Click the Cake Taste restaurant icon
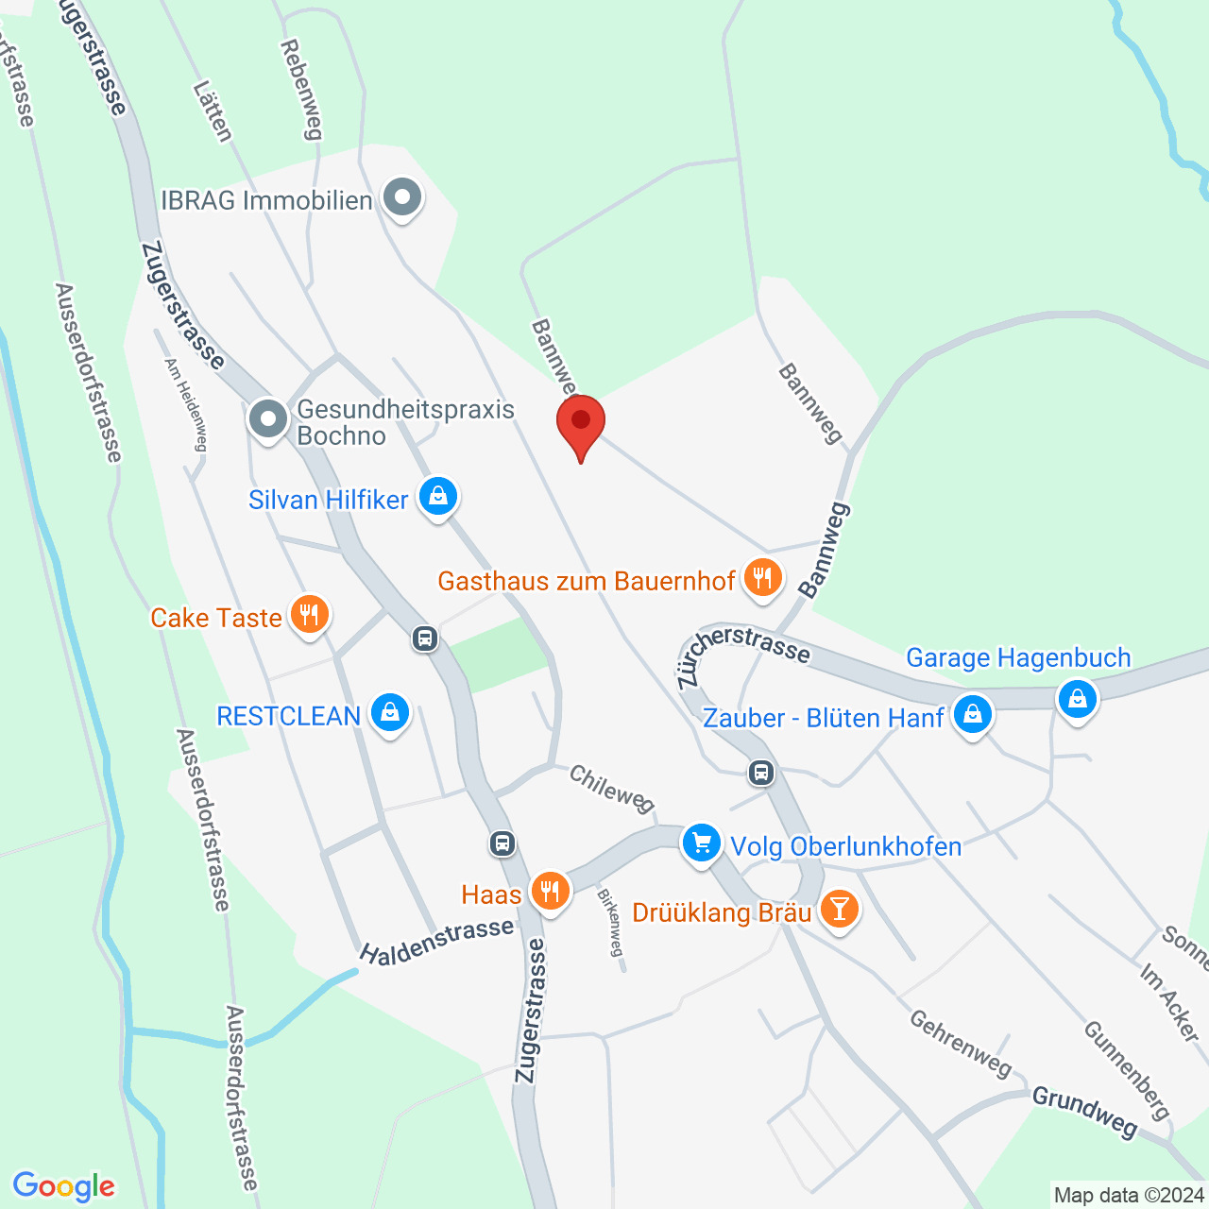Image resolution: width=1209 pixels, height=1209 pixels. coord(309,615)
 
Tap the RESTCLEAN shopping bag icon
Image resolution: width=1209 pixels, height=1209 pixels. coord(389,713)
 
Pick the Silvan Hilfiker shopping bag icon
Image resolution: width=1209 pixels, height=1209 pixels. coord(437,496)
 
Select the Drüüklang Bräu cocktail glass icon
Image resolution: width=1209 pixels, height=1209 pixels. coord(839,910)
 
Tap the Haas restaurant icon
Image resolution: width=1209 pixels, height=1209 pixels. coord(550,891)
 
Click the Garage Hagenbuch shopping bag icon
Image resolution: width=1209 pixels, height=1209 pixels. coord(1077,700)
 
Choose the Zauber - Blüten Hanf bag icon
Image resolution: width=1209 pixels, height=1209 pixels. coord(972,715)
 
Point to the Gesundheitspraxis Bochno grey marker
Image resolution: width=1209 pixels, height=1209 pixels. coord(268,419)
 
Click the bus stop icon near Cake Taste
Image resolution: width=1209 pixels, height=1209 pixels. coord(425,639)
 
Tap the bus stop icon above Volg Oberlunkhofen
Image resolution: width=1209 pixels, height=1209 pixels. coord(761,773)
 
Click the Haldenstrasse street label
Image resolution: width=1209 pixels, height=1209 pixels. coord(437,942)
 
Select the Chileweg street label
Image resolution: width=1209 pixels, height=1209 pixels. coord(611,789)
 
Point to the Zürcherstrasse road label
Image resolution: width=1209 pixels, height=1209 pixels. coord(742,653)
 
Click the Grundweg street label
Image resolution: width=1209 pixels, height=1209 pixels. coord(1084,1111)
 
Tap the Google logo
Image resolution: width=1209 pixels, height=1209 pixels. coord(64,1186)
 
